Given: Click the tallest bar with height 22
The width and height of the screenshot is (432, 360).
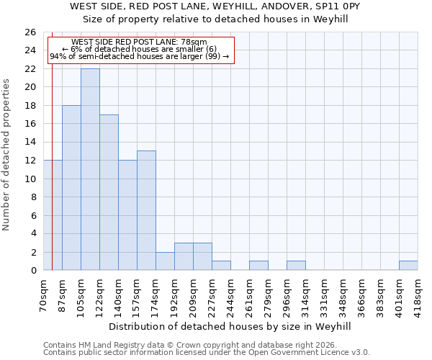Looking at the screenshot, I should tap(90, 169).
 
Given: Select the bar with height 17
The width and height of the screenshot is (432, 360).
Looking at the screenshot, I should tap(109, 192).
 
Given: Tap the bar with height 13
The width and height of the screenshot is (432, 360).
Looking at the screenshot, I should tap(146, 210).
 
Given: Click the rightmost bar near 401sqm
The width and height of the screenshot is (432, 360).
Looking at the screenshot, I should tap(408, 266).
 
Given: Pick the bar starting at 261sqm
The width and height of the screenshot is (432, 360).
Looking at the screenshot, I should tap(258, 266).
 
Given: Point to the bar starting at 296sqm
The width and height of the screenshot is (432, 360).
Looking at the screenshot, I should tap(296, 266).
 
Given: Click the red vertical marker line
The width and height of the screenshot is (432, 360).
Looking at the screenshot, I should tap(53, 180).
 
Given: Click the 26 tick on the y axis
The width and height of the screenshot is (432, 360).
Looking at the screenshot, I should tap(30, 32).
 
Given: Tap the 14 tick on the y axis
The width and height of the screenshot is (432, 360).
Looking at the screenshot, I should tap(30, 142).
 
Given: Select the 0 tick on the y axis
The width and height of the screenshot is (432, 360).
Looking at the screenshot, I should tap(32, 270).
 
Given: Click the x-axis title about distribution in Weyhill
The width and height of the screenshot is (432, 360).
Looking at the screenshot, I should tap(230, 326).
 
